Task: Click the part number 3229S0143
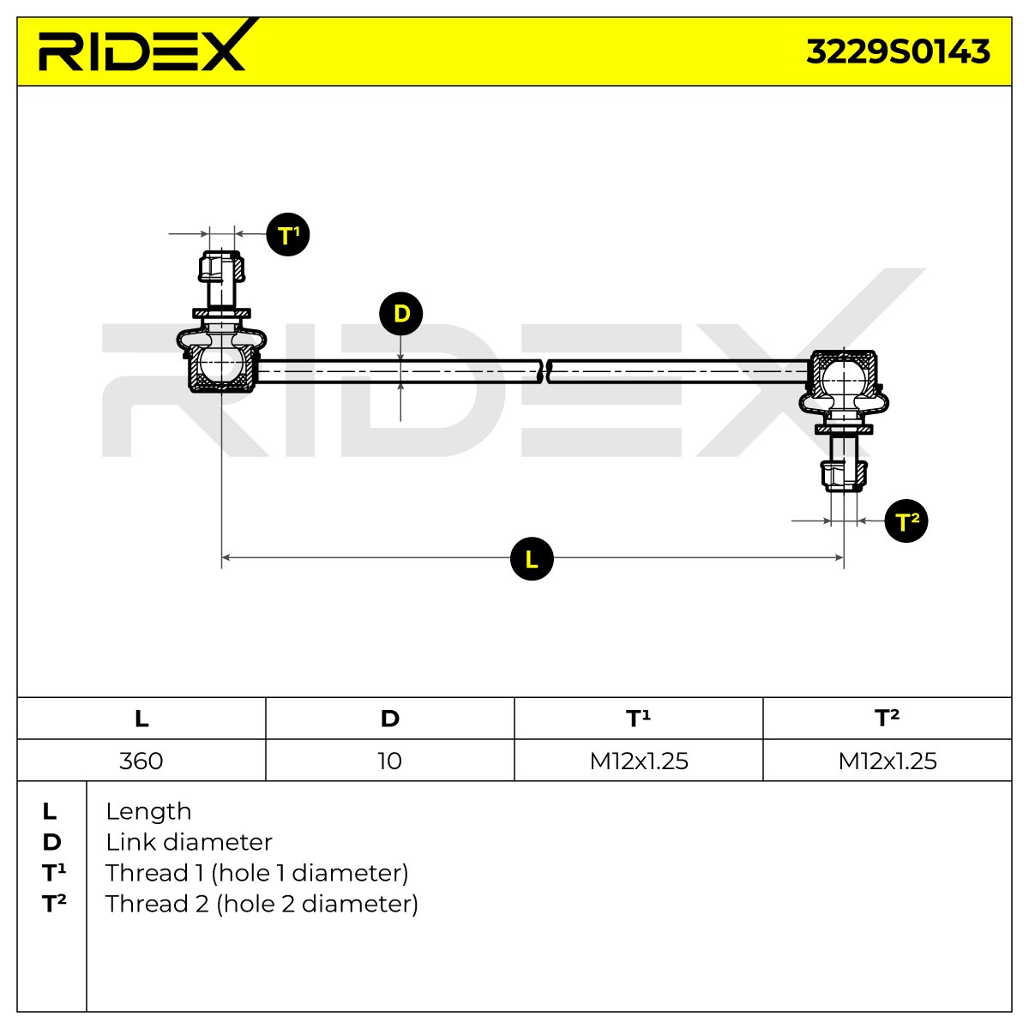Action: tap(898, 52)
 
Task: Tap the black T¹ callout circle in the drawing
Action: tap(288, 234)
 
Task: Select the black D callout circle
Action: tap(400, 314)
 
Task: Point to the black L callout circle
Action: tap(532, 558)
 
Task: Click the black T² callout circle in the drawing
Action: tap(906, 521)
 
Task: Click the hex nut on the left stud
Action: tap(221, 267)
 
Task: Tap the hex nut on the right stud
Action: tap(844, 476)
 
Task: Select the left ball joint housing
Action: tap(221, 367)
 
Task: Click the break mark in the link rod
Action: tap(545, 370)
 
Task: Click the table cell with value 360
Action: tap(141, 761)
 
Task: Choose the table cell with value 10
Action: tap(390, 761)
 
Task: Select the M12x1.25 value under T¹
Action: tap(639, 761)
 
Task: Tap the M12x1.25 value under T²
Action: tap(888, 761)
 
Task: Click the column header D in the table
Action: tap(390, 719)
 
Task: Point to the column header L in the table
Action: tap(141, 719)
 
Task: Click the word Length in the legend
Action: tap(148, 812)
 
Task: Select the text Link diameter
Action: tap(189, 843)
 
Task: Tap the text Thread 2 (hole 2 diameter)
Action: tap(262, 905)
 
